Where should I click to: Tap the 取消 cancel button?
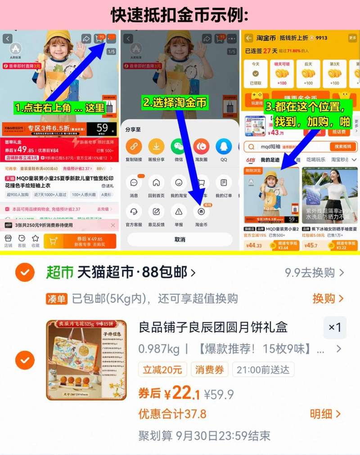[180, 240]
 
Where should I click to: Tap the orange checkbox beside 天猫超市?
[25, 272]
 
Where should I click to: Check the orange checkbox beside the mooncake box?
[25, 360]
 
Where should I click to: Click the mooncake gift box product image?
[86, 360]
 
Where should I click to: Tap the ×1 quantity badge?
[335, 327]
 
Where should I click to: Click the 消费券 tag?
[209, 370]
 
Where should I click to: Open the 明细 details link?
[325, 414]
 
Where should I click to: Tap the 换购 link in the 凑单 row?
[328, 299]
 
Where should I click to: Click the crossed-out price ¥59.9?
[219, 395]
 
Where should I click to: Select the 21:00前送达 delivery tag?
[263, 370]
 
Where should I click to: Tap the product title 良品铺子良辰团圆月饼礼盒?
[213, 327]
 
